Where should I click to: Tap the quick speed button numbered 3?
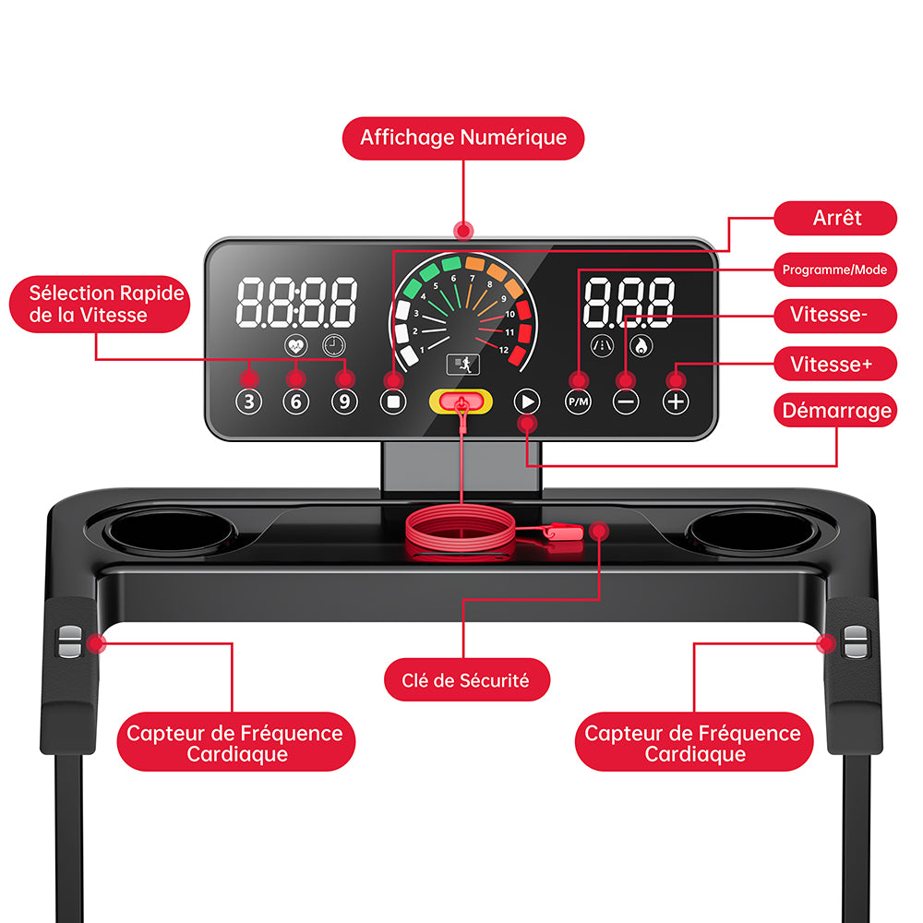(x=248, y=402)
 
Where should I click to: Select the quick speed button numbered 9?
(x=344, y=402)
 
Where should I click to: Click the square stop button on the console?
(x=393, y=402)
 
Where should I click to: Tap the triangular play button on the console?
(x=527, y=402)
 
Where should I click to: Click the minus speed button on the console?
(x=626, y=402)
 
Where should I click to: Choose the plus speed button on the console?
(x=676, y=402)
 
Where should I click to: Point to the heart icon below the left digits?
(x=295, y=345)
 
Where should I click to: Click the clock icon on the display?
(x=334, y=345)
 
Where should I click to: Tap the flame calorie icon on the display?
(x=641, y=345)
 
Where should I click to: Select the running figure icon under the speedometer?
(x=463, y=365)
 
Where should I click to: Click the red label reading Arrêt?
(x=835, y=219)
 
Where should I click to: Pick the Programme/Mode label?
(x=835, y=270)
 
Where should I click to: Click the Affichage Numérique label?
(x=463, y=138)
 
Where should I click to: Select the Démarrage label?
(x=835, y=411)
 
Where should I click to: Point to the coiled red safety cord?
(x=461, y=532)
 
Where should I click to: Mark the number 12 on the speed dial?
(x=504, y=350)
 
